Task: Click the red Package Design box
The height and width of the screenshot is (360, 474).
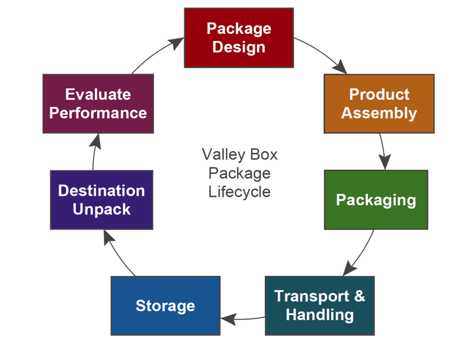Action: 239,37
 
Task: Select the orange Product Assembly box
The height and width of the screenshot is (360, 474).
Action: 379,103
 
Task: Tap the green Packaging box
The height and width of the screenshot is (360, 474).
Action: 376,200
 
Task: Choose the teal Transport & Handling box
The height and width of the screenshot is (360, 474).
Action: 320,305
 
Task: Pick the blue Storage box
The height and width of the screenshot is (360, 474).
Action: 165,305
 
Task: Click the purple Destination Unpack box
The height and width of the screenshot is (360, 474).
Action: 101,200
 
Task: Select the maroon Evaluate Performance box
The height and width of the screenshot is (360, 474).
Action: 98,103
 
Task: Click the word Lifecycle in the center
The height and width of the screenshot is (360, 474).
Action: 239,192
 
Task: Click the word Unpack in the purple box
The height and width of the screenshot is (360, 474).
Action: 101,209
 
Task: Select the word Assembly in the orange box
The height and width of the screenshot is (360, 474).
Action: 379,113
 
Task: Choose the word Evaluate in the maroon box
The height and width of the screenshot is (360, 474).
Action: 98,94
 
